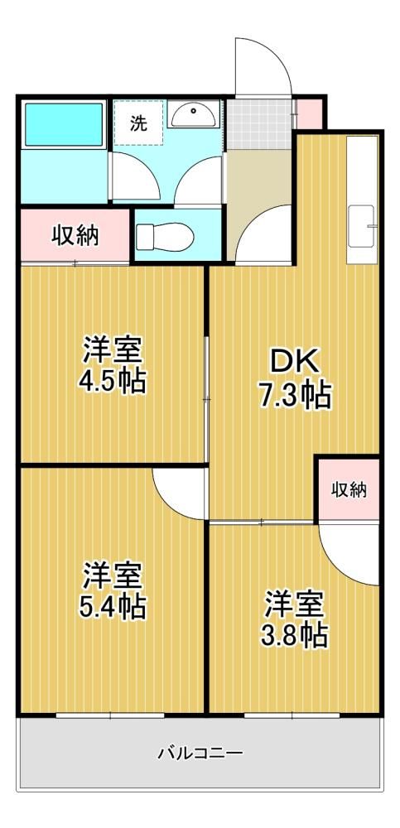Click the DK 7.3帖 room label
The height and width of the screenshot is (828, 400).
point(296,378)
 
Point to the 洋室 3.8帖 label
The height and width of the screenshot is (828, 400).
point(294,619)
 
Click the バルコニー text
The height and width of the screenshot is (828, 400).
point(200,752)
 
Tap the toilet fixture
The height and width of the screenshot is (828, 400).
point(164,236)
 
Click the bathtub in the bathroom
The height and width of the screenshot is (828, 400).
point(64,125)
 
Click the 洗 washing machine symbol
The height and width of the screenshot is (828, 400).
point(138,123)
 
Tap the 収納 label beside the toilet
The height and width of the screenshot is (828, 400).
point(75,235)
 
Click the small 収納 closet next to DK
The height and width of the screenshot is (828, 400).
point(348,489)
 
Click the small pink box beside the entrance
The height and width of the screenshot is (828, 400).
point(309,113)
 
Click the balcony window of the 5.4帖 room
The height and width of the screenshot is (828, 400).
point(110,715)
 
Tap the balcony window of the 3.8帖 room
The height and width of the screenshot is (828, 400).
point(292,715)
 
